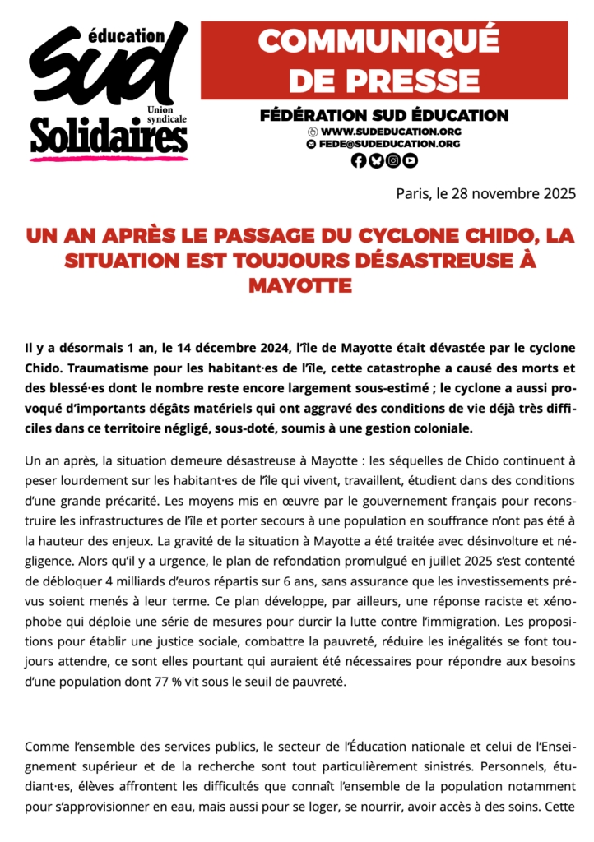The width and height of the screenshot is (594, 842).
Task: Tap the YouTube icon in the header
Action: coord(411,161)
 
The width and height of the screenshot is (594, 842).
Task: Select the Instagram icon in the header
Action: coord(393,161)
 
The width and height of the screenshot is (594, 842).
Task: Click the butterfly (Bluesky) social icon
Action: coord(376,161)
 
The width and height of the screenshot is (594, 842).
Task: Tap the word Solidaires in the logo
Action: coord(109,136)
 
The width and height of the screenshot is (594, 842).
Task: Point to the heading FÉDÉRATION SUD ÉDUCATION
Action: coord(384,116)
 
